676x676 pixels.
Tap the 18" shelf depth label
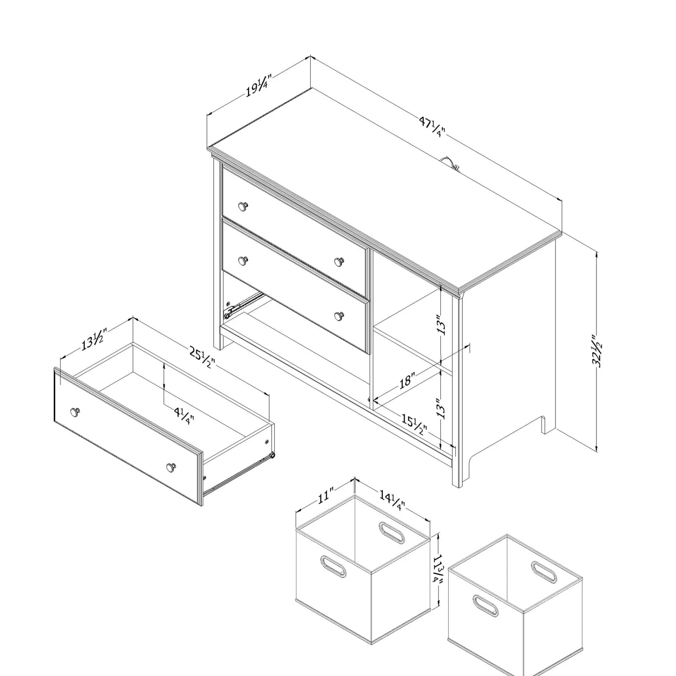click(x=407, y=380)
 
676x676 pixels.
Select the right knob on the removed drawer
click(x=171, y=467)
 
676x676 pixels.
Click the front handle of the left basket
click(x=333, y=566)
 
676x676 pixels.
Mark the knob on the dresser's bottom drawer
click(x=339, y=316)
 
